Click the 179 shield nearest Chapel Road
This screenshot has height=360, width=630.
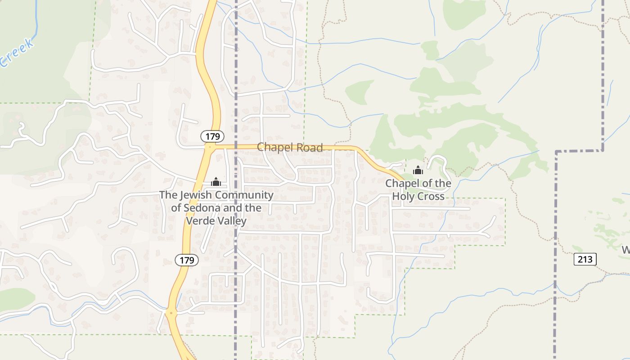[212, 136]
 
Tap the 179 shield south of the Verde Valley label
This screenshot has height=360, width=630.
[187, 260]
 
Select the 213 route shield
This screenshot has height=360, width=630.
[585, 259]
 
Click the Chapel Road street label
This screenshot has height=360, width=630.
[290, 148]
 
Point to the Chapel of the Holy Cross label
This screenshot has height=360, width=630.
[418, 190]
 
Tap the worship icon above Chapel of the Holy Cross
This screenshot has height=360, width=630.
[418, 170]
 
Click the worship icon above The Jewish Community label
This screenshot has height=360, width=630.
[216, 182]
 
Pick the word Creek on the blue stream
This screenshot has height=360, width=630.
[16, 53]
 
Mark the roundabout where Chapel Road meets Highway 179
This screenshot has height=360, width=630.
[210, 147]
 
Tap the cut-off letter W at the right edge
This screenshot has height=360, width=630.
[626, 250]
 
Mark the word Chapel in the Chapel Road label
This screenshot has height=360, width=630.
[274, 148]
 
